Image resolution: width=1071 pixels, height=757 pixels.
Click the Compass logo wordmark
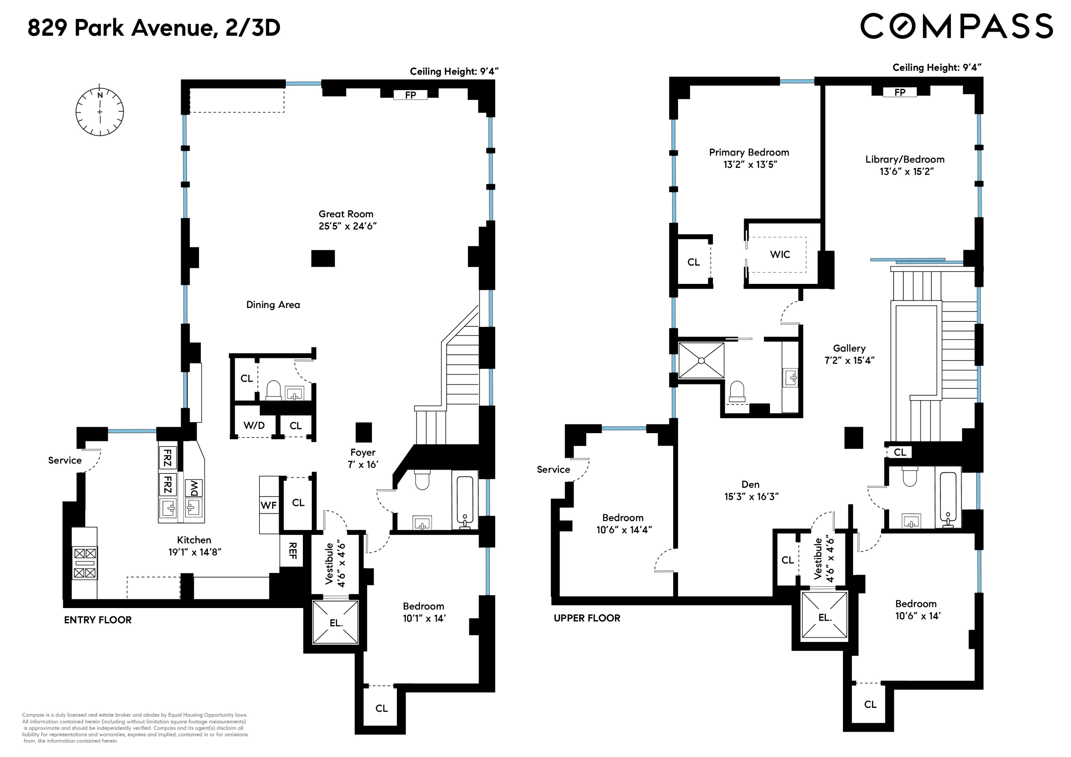point(956,26)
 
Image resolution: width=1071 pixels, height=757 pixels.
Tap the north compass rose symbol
point(100,112)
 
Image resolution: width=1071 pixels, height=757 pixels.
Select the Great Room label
point(346,214)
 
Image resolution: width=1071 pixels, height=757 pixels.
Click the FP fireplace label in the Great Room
point(410,95)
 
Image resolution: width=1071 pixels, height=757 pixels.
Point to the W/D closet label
point(254,425)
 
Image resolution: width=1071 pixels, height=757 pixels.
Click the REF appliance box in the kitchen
point(292,551)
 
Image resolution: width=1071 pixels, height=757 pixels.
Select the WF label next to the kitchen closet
point(269,505)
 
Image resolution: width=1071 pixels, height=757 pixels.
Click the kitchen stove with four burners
point(84,563)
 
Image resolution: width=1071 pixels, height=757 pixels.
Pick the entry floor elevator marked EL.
point(335,623)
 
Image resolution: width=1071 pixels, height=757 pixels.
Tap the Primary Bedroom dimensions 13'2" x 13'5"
point(749,165)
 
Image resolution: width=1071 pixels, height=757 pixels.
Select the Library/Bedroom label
point(904,159)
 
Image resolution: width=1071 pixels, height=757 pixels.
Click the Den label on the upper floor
point(750,485)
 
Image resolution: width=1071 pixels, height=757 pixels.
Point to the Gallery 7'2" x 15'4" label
point(849,354)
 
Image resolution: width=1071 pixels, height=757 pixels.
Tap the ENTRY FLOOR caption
point(97,620)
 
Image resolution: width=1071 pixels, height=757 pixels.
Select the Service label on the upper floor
point(553,470)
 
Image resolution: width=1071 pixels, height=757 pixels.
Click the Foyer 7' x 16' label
point(362,458)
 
